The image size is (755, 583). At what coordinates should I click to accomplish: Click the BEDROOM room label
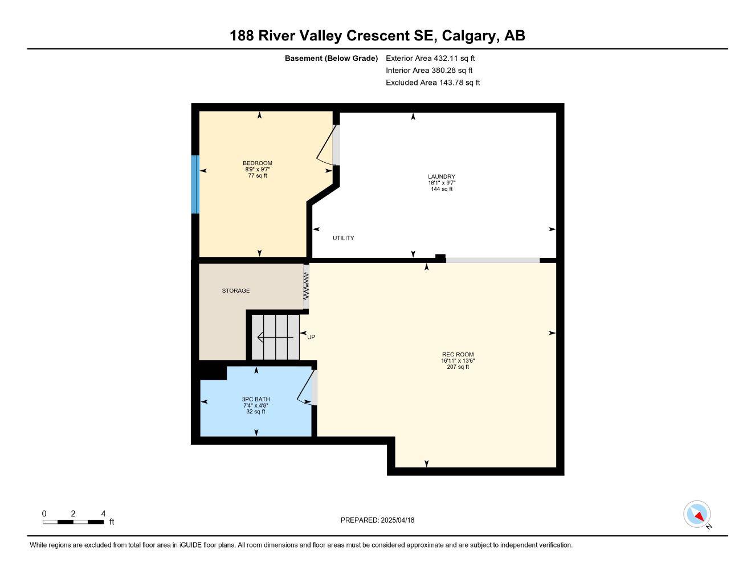point(258,163)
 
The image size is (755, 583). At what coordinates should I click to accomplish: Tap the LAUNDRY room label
point(441,176)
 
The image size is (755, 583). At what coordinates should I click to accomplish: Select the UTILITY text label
point(343,238)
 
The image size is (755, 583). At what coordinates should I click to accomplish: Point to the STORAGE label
point(235,290)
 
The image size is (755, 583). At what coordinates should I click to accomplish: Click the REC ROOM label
point(458,354)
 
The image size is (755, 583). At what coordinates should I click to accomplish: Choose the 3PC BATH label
point(256,400)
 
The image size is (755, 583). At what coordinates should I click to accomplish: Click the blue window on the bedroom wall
point(195,184)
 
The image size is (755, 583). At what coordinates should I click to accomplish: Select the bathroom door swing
point(305,387)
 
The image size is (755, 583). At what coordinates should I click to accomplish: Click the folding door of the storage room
point(306,286)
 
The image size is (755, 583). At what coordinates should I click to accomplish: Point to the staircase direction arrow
point(275,337)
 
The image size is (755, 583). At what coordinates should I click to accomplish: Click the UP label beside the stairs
point(311,337)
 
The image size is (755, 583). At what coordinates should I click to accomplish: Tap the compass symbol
point(697,514)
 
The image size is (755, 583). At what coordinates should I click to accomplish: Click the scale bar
point(73,522)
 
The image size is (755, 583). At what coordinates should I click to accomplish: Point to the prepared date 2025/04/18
point(398,520)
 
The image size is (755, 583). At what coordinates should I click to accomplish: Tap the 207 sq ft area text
point(458,367)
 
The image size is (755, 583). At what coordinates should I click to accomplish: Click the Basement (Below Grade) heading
point(331,58)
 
